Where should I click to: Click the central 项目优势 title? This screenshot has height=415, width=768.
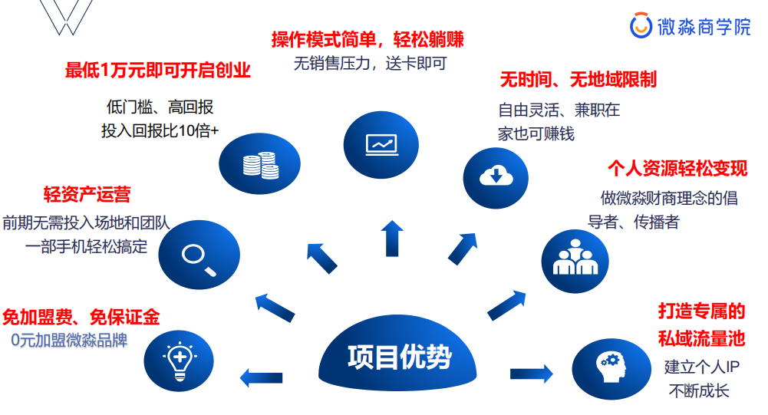coord(399,357)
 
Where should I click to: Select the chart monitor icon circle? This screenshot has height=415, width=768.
coord(381,144)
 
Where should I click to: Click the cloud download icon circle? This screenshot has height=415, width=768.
coord(496,175)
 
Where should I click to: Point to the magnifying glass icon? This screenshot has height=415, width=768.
coord(199,255)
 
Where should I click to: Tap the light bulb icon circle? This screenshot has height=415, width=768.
coord(178,358)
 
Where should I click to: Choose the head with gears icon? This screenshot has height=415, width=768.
coord(611,365)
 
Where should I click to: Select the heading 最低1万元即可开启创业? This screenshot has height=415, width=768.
coord(158,71)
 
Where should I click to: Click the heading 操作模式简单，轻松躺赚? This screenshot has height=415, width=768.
coord(368,39)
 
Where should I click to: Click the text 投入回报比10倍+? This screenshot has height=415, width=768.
coord(160,130)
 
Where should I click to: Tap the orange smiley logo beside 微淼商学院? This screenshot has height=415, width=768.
coord(641,27)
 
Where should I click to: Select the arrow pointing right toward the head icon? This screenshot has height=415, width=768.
coord(531,374)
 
